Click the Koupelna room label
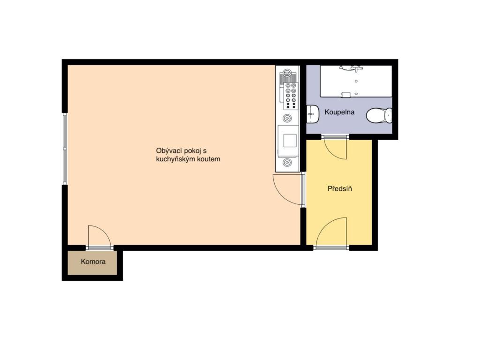[339, 112]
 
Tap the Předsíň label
[339, 188]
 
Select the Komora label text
[93, 262]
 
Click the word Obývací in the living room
[168, 151]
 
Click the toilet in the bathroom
[379, 115]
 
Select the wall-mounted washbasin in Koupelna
[312, 114]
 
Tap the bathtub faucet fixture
[351, 68]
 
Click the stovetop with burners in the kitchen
[291, 96]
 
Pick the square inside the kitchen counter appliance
[290, 141]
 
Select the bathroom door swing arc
[335, 149]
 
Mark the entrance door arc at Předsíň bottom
[331, 232]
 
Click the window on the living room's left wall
[65, 149]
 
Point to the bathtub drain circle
[356, 81]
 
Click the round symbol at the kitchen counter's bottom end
[287, 163]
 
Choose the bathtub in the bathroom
[356, 81]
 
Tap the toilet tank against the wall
[389, 115]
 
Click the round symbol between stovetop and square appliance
[287, 118]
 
